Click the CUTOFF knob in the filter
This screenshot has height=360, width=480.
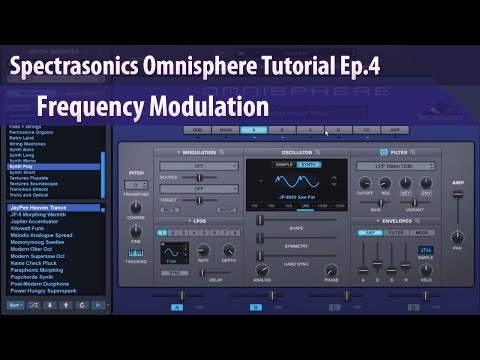click(365, 183)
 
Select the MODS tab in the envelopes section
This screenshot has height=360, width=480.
click(423, 232)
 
